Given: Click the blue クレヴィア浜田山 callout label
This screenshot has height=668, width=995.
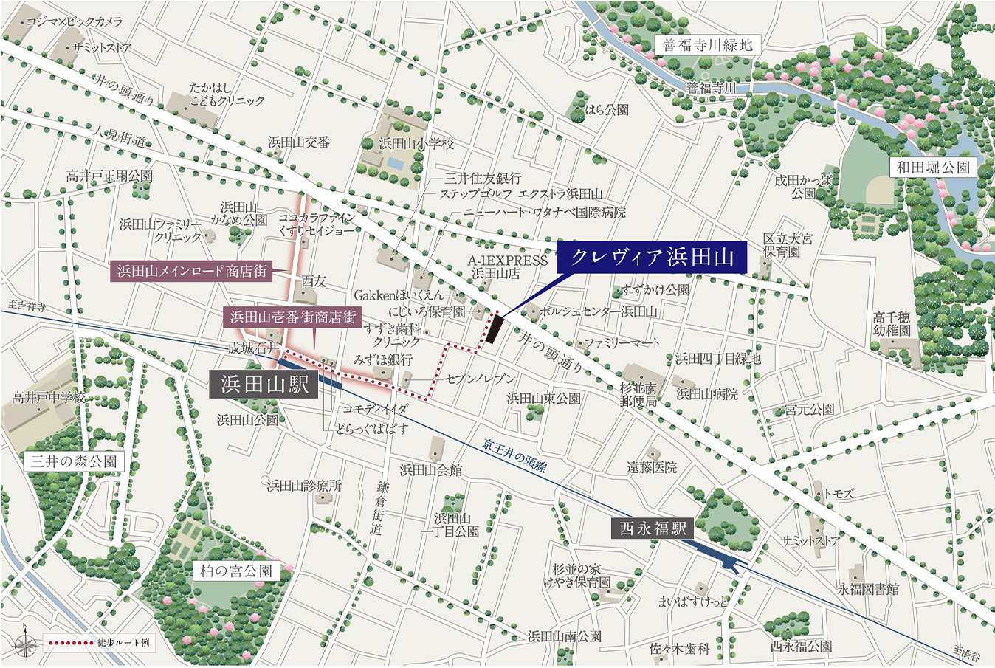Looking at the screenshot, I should click(652, 258).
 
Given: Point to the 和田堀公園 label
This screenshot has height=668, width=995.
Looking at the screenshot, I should click(933, 168).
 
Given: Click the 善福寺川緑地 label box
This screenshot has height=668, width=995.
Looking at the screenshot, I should click(707, 46).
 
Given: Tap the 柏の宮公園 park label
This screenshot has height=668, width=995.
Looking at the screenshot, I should click(236, 571).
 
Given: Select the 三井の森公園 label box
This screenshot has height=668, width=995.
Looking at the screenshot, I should click(74, 462).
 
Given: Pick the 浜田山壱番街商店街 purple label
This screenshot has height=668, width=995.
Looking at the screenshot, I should click(292, 317).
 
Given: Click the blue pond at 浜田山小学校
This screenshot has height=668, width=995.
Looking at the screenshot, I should click(396, 162).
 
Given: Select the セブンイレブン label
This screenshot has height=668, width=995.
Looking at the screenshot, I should click(480, 379).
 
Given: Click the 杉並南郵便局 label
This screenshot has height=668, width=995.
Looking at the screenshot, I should click(638, 395).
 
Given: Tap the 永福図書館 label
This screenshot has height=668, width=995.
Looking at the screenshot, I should click(868, 589).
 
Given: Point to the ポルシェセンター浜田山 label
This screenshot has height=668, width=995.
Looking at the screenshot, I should click(598, 311).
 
